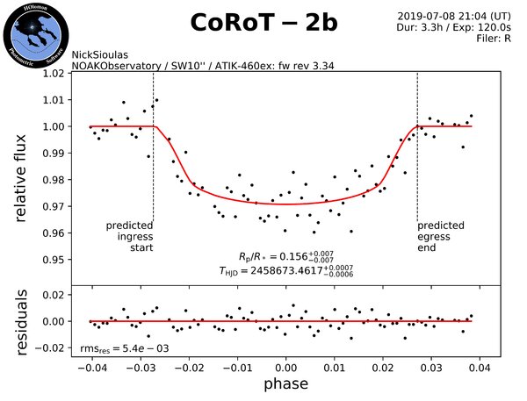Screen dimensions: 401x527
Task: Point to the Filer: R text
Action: [492, 38]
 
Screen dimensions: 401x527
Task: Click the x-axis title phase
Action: [285, 384]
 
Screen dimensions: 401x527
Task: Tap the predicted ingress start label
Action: [128, 236]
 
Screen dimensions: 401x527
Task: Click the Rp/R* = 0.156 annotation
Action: [285, 255]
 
